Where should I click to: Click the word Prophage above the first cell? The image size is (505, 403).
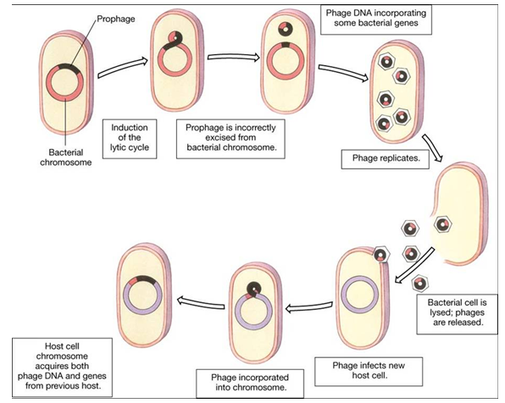(116, 19)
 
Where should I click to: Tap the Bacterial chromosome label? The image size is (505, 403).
(66, 157)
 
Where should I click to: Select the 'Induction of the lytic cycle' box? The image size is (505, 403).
(130, 139)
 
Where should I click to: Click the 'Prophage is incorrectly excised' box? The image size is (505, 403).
(230, 139)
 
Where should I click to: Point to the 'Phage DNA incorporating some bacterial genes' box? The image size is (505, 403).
(376, 19)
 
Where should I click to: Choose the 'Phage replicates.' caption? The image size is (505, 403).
(386, 158)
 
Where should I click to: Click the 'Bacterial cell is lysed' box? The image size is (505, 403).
(457, 314)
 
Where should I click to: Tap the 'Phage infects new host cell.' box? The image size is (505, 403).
(369, 371)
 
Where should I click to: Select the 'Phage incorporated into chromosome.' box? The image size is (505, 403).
(250, 383)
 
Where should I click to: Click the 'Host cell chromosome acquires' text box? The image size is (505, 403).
(62, 367)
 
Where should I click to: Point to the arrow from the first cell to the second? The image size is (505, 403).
(122, 68)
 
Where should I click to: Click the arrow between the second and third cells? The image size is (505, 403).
(234, 58)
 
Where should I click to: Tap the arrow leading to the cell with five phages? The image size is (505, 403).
(343, 73)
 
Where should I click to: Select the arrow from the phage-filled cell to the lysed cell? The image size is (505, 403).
(433, 147)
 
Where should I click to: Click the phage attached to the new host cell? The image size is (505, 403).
(381, 254)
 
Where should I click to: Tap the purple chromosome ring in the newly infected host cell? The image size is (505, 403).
(359, 295)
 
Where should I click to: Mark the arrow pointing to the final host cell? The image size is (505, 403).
(201, 302)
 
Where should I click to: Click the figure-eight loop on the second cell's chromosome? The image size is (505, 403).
(175, 41)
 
